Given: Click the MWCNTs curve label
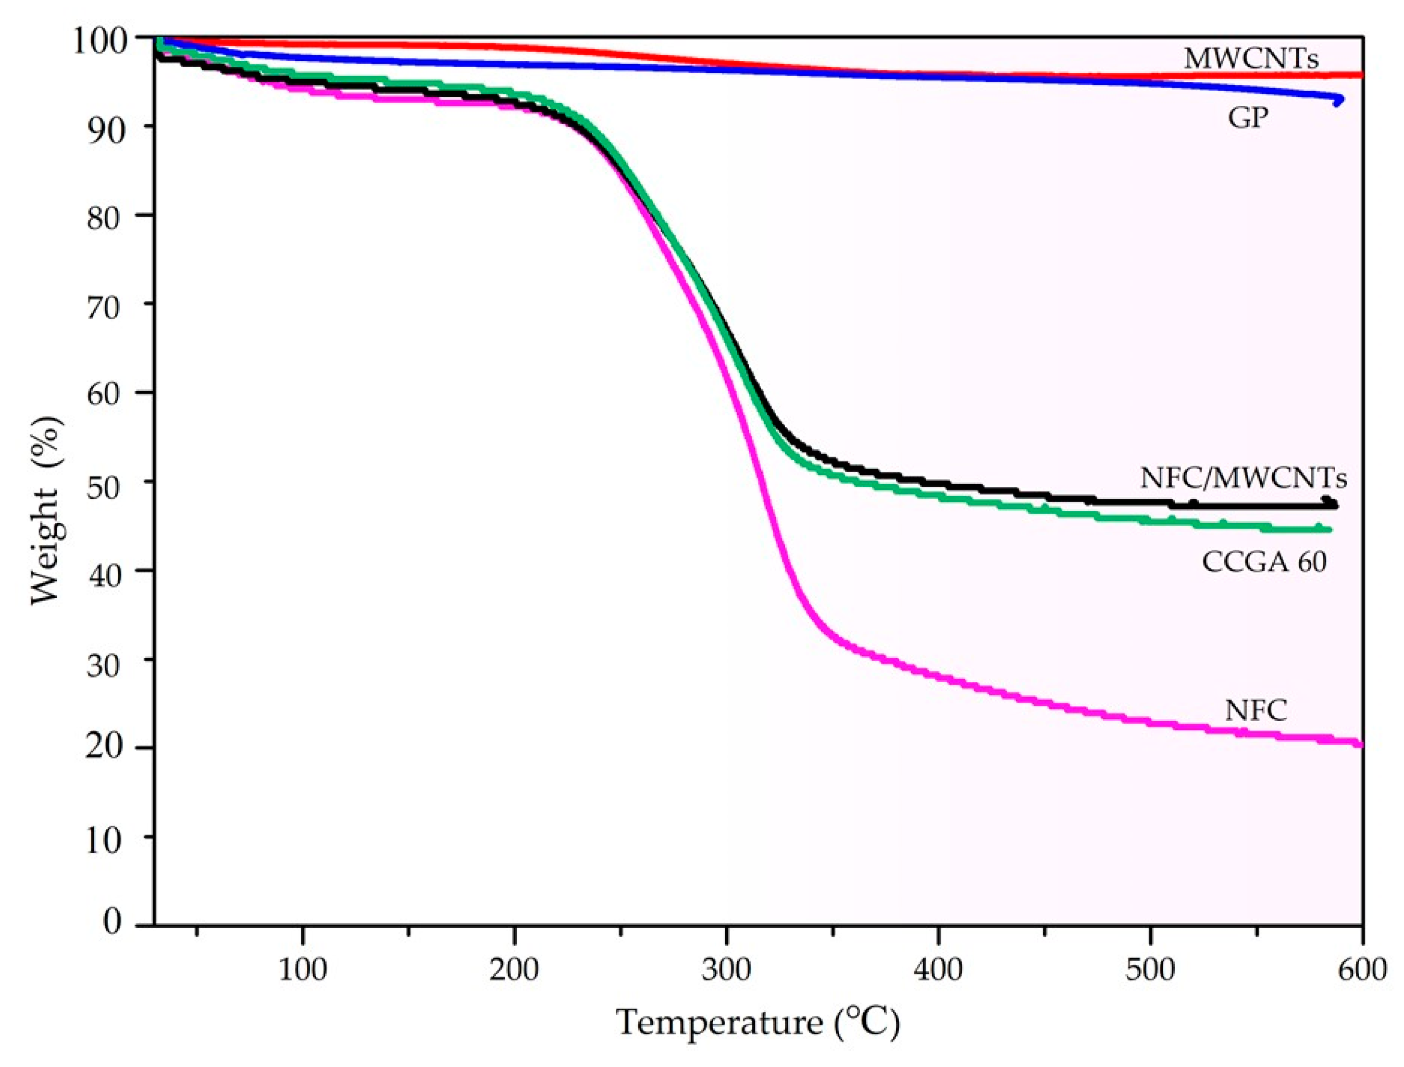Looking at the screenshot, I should click(x=1251, y=59).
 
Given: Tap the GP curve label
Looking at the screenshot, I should click(x=1247, y=118).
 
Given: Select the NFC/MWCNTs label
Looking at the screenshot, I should click(x=1244, y=477).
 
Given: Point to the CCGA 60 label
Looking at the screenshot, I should click(x=1264, y=562).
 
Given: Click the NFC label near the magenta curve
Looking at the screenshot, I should click(x=1256, y=710).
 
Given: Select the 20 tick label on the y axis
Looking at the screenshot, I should click(x=103, y=747).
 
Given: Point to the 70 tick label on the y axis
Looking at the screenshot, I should click(x=103, y=309).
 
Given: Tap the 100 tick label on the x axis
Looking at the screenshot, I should click(x=303, y=970).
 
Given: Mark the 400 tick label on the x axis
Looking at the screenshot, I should click(x=938, y=970).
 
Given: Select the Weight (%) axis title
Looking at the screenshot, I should click(x=46, y=511).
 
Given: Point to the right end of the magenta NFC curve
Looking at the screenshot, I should click(x=1360, y=744).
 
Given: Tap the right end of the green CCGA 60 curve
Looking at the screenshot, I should click(x=1329, y=530).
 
